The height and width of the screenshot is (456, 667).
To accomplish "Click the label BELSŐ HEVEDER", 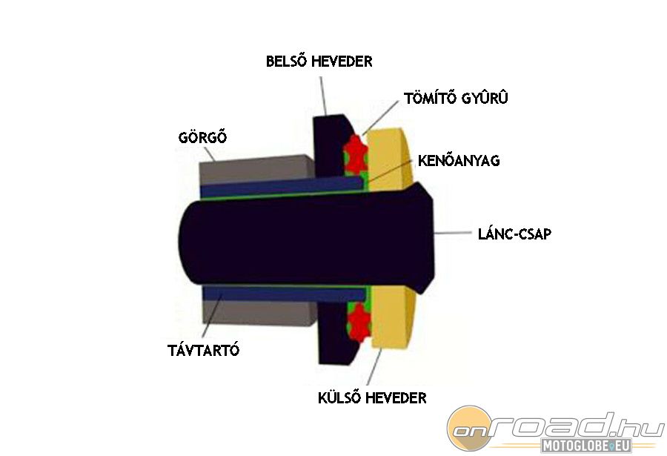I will pos(319,62).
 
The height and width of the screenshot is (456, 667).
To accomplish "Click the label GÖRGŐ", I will pos(202,138).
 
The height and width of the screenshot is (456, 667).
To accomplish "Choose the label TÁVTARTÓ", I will pos(204,351).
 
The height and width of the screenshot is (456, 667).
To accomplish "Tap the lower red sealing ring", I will pos(358,321).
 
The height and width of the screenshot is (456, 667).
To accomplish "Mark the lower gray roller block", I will pos(252,311).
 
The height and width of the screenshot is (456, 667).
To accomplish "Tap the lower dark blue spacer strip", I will pos(282,294).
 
